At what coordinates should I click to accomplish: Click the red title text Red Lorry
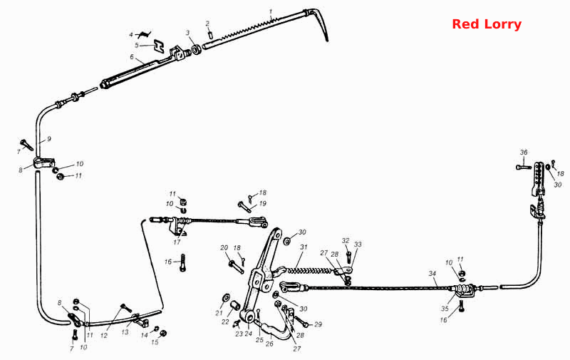pos(487,24)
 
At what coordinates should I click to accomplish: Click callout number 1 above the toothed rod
pos(271,11)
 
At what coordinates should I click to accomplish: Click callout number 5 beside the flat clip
pos(137,46)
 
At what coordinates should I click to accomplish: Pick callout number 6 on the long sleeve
pos(132,57)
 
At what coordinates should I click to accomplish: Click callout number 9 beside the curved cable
pos(49,139)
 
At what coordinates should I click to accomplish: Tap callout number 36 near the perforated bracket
pos(524,153)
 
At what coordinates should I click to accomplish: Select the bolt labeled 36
pos(524,168)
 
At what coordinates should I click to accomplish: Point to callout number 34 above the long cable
pos(432,274)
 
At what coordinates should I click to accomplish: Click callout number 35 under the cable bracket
pos(445,309)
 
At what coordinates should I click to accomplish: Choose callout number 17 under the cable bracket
pos(177,242)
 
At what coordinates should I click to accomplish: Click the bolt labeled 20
pos(236,267)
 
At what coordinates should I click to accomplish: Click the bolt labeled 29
pos(302,322)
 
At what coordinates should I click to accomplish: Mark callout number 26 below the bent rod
pos(269,344)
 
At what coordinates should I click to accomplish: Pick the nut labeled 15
pos(163,333)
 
